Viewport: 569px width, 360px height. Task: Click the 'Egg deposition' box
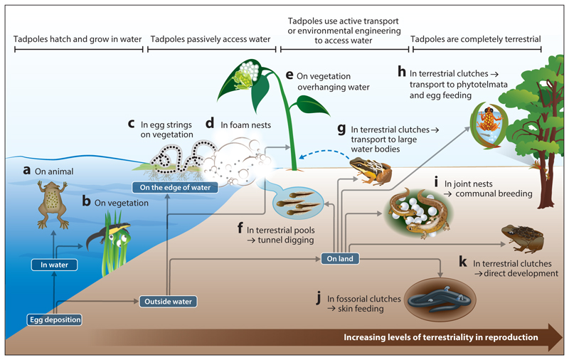[55, 319]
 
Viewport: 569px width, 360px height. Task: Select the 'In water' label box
[54, 266]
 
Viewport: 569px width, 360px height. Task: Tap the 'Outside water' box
[167, 301]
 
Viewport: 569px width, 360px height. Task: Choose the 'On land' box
[339, 258]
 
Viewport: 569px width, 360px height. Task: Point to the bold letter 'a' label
[26, 170]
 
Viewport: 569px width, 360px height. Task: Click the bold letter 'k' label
[462, 261]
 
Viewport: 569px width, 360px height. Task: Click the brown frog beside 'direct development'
[522, 237]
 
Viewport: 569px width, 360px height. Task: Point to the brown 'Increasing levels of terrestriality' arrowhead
[552, 336]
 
